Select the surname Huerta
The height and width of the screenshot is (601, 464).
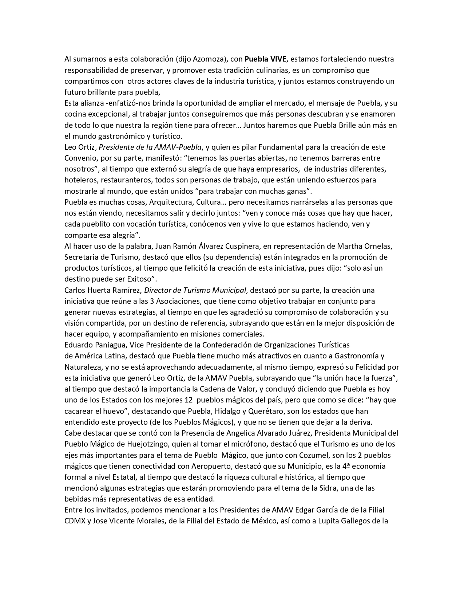click(98, 290)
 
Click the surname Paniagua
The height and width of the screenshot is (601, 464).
click(105, 345)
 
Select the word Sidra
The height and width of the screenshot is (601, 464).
click(328, 488)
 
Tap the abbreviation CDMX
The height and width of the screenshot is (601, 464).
click(75, 521)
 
